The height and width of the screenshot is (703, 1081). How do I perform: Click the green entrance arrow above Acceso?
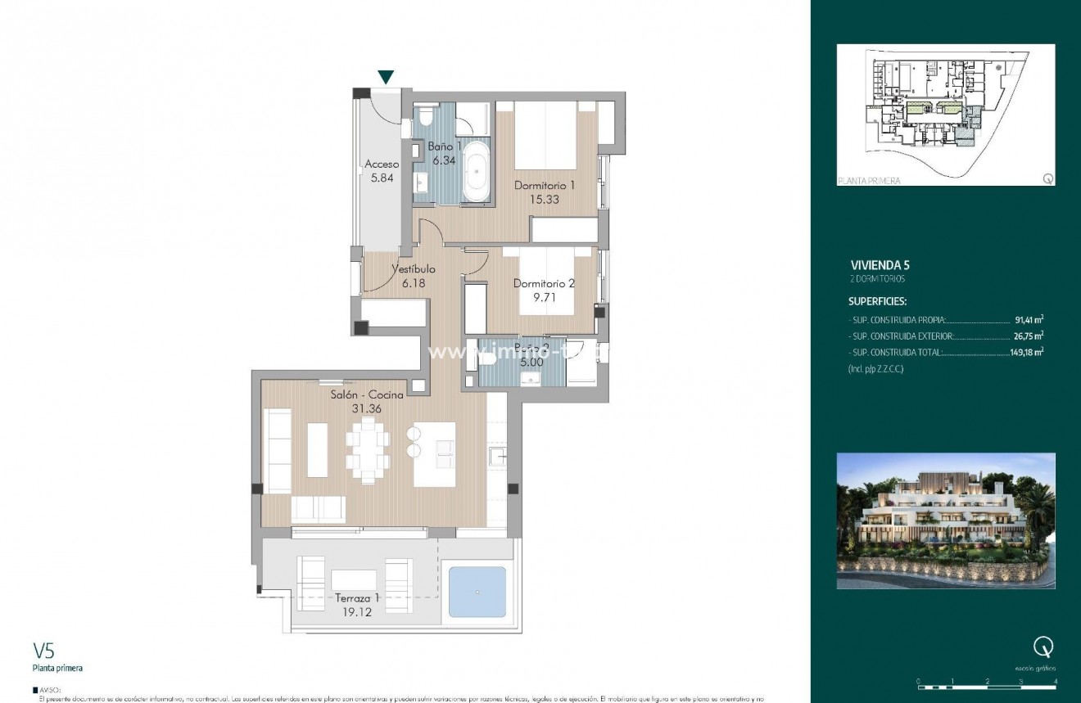click(386, 78)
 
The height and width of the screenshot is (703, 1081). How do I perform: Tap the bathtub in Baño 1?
click(475, 173)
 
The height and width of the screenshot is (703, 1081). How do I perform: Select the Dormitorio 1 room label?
click(544, 186)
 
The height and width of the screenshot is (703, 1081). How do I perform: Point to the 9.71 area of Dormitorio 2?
click(544, 298)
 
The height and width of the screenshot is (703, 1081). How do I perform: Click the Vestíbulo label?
click(413, 269)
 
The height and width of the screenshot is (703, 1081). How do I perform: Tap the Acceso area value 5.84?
click(382, 178)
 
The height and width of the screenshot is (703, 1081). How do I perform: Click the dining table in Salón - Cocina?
click(367, 449)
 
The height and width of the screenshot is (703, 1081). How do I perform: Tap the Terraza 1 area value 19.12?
click(357, 611)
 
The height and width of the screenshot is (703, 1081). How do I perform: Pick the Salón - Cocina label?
click(367, 395)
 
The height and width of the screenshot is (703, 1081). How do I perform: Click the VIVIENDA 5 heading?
click(880, 265)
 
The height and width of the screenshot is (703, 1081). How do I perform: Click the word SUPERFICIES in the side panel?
click(877, 301)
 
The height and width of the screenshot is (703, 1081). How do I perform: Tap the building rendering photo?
click(946, 520)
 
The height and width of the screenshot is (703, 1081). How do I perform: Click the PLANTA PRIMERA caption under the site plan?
click(869, 181)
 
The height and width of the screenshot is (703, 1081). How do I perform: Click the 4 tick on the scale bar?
click(1056, 681)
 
